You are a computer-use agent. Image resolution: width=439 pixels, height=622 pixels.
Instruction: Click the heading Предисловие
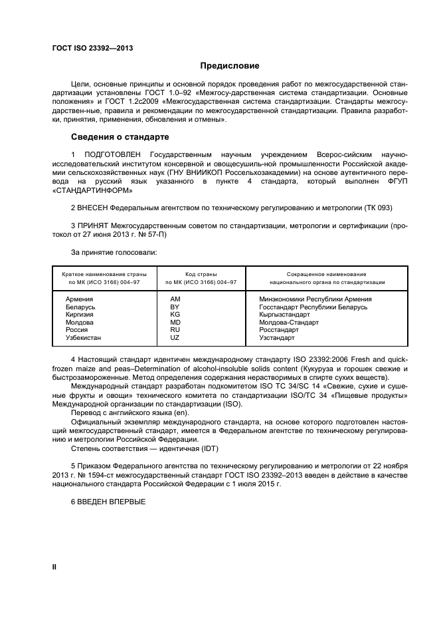pyautogui.click(x=230, y=66)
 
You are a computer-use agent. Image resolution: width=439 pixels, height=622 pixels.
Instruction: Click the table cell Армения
pyautogui.click(x=79, y=299)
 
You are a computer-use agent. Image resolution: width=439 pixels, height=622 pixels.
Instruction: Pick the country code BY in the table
pyautogui.click(x=175, y=307)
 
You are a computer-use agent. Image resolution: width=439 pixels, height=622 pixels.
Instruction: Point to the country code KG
pyautogui.click(x=175, y=315)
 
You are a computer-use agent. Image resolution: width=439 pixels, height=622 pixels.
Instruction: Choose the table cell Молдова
pyautogui.click(x=80, y=322)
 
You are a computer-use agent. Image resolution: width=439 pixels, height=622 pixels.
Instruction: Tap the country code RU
pyautogui.click(x=175, y=330)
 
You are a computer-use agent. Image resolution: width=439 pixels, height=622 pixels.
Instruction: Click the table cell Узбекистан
pyautogui.click(x=83, y=337)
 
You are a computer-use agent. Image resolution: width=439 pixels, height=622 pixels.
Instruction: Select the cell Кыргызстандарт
pyautogui.click(x=284, y=315)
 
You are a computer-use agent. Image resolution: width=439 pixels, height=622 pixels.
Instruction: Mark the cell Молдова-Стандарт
pyautogui.click(x=288, y=322)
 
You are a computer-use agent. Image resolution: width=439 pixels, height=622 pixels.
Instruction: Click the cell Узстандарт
pyautogui.click(x=276, y=337)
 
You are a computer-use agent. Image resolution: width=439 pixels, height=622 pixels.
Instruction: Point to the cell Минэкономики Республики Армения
pyautogui.click(x=315, y=299)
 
